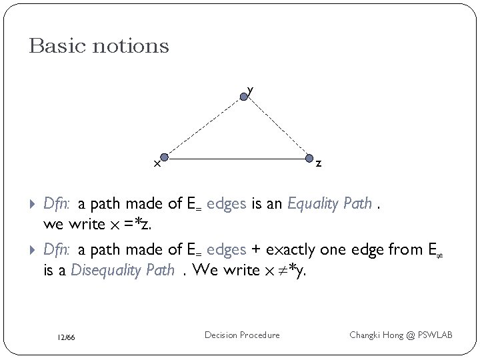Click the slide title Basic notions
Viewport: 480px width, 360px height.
[x=99, y=46]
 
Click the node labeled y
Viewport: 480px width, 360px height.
[x=245, y=97]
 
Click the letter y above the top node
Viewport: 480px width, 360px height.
[x=250, y=88]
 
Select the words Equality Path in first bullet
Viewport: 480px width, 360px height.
[x=329, y=204]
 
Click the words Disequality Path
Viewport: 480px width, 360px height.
[x=123, y=269]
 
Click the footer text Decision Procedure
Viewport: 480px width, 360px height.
[x=243, y=335]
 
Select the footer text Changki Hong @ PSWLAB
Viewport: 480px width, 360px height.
[x=401, y=335]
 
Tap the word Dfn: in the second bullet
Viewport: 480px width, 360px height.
[x=57, y=249]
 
